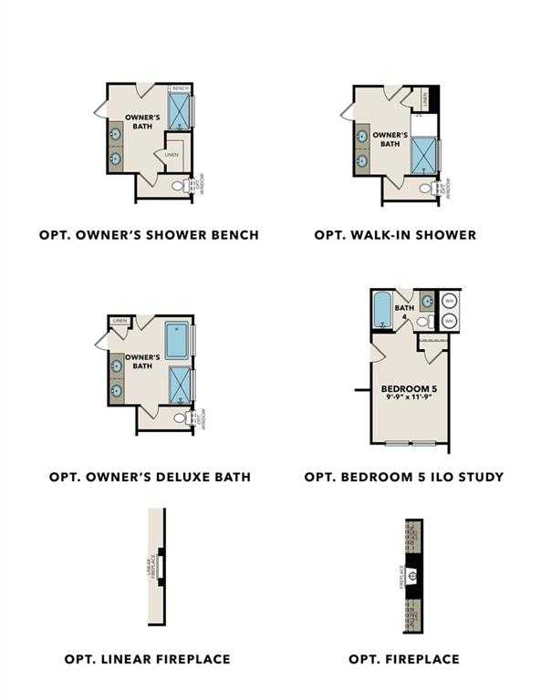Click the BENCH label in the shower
pyautogui.click(x=179, y=88)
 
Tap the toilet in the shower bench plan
pyautogui.click(x=179, y=186)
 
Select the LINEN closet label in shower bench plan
pyautogui.click(x=172, y=155)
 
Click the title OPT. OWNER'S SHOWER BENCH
pyautogui.click(x=149, y=235)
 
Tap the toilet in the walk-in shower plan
pyautogui.click(x=426, y=189)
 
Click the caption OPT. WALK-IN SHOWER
pyautogui.click(x=395, y=235)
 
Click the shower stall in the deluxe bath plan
pyautogui.click(x=178, y=385)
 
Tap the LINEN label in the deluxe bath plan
pyautogui.click(x=120, y=322)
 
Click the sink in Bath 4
pyautogui.click(x=426, y=301)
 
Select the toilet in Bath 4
pyautogui.click(x=421, y=322)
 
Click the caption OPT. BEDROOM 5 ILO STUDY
pyautogui.click(x=404, y=477)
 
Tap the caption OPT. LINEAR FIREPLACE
pyautogui.click(x=148, y=658)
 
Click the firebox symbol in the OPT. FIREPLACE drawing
pyautogui.click(x=412, y=576)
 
